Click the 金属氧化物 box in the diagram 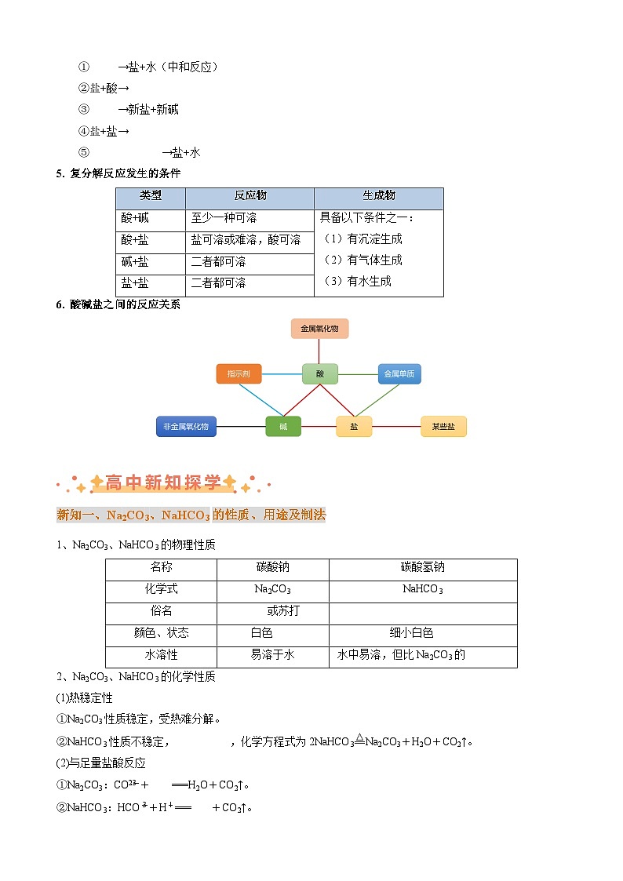click(x=319, y=329)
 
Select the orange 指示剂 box click(x=239, y=374)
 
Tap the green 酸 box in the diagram click(x=319, y=374)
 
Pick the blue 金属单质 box click(x=399, y=374)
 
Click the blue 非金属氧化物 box click(x=186, y=427)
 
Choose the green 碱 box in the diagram click(x=283, y=427)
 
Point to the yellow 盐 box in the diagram click(x=354, y=427)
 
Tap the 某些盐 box click(x=443, y=427)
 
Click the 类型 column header click(x=151, y=196)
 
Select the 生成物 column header click(x=379, y=196)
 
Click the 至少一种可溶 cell click(x=224, y=218)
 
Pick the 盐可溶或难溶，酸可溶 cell click(x=246, y=240)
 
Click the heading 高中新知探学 click(x=163, y=483)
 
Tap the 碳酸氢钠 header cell click(x=422, y=567)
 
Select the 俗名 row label click(x=161, y=610)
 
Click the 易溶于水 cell click(x=272, y=654)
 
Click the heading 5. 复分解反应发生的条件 click(x=118, y=173)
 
